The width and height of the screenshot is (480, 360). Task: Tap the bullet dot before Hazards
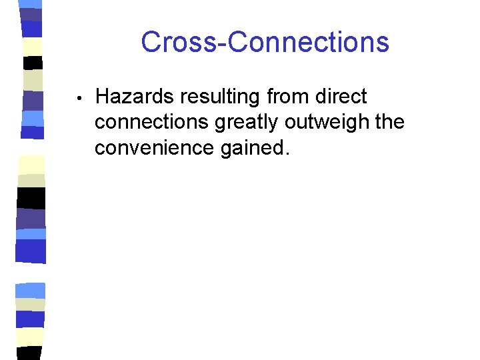pos(79,98)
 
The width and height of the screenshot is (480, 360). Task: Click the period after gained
pos(288,154)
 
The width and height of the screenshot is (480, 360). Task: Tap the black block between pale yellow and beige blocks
pos(32,63)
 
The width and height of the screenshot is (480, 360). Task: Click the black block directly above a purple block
pos(31,198)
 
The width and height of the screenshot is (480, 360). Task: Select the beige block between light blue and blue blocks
pos(31,304)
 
